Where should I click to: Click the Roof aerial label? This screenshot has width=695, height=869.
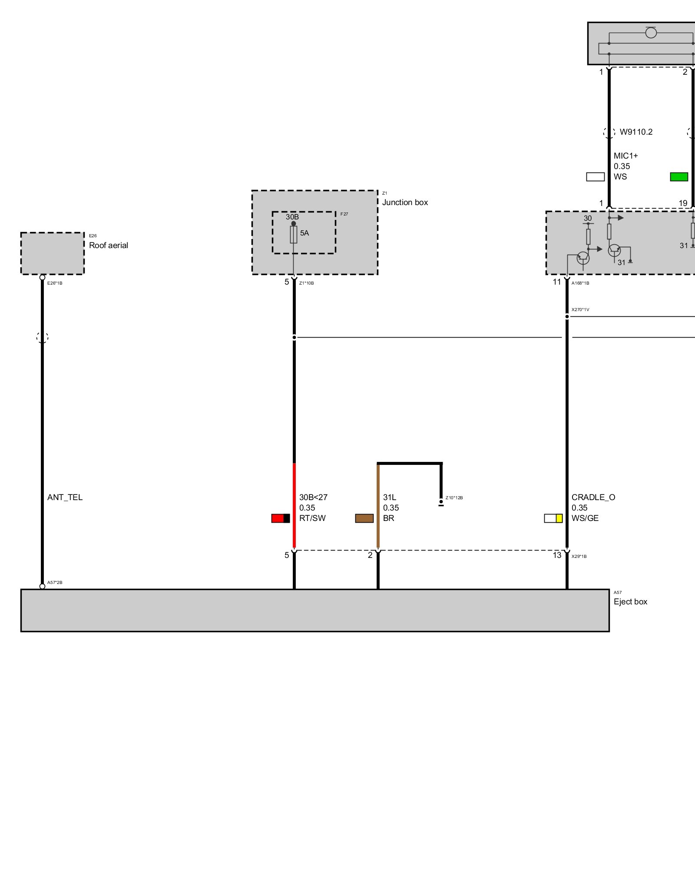point(108,245)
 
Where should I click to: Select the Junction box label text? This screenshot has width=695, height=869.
point(405,202)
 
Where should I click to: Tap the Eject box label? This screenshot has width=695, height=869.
point(630,602)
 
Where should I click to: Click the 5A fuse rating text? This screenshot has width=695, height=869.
point(304,233)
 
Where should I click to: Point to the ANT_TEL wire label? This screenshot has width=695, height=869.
point(65,498)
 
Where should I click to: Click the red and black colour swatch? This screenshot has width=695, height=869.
point(281,518)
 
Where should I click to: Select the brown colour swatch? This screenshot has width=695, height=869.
point(364,518)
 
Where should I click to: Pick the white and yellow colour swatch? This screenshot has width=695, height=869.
point(553,518)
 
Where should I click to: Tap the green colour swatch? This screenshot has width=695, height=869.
point(679,177)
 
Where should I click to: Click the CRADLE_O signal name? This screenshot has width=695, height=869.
point(593,498)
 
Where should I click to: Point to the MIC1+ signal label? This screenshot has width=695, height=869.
point(625,156)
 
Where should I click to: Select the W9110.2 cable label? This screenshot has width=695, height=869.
point(636,132)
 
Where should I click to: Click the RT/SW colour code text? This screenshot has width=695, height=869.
point(312,518)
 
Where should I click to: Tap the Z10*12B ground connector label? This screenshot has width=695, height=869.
point(454,498)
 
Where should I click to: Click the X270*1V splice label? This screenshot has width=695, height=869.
point(580,310)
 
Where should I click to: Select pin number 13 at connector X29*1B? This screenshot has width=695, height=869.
point(557,555)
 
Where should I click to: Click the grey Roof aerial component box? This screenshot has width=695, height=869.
point(53,254)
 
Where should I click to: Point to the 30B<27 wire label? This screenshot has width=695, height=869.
point(313,498)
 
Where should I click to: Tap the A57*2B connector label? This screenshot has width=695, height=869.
point(55,583)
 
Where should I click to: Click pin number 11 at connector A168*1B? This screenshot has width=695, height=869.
point(557,282)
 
